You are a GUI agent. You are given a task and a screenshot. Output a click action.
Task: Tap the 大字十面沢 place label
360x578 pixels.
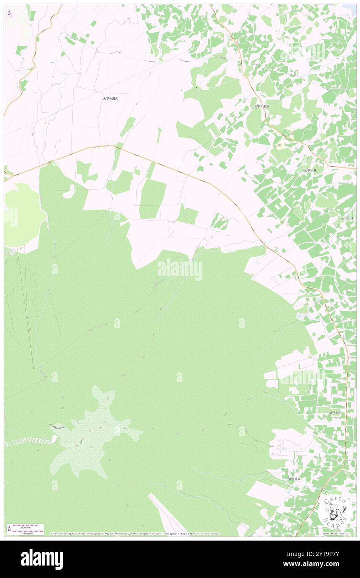click(262, 106)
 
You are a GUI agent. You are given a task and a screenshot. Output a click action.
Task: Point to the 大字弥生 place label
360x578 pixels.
click(335, 413)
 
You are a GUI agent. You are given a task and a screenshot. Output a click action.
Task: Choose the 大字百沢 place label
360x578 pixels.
click(294, 479)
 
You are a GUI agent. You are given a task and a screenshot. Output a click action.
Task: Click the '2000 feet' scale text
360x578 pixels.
click(25, 527)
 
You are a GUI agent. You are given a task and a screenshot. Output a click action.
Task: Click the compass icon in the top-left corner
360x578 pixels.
click(9, 12)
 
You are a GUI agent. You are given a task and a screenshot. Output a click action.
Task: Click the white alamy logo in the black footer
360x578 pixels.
click(42, 559)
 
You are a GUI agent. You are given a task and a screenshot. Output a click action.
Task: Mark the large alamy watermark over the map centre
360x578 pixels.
click(180, 269)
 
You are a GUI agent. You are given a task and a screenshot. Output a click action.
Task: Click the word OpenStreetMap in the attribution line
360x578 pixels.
click(115, 534)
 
